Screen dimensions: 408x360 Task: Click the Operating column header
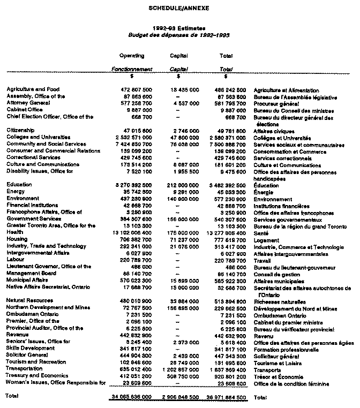(131, 55)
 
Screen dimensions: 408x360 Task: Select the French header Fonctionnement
(131, 69)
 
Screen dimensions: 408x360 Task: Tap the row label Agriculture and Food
(33, 89)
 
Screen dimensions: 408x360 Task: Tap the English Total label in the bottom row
(12, 396)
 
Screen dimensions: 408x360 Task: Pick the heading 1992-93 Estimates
(179, 27)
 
